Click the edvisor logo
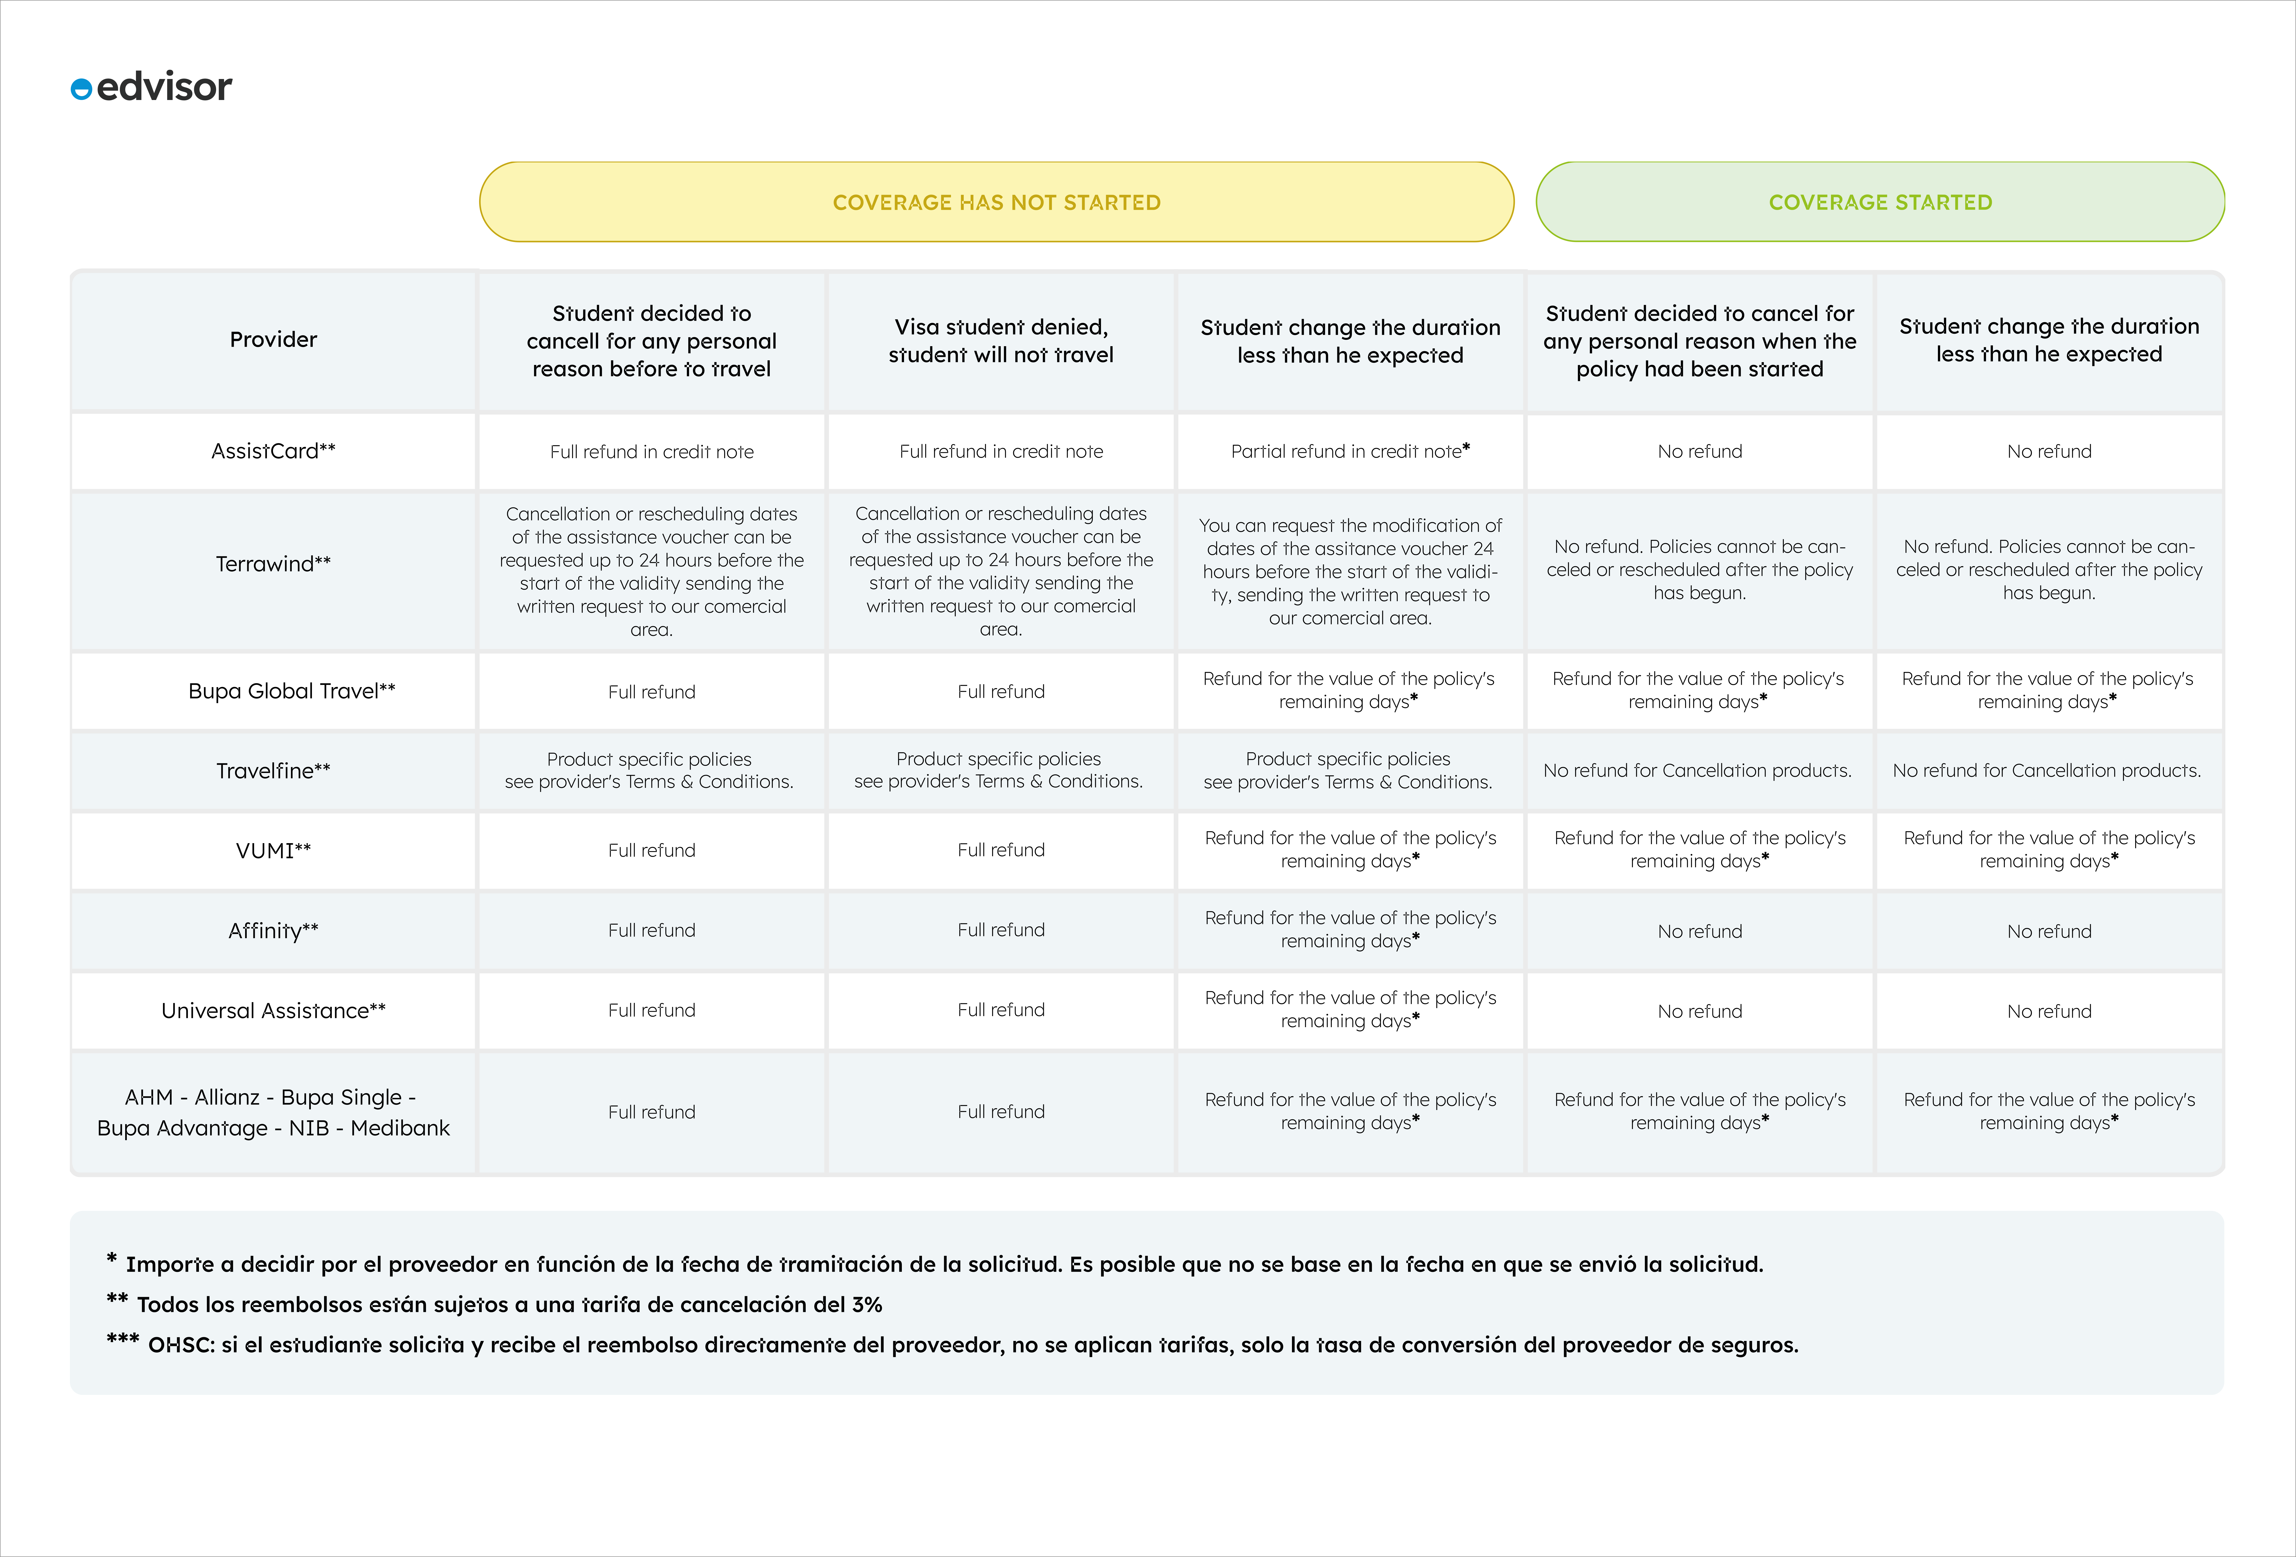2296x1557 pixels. [x=151, y=87]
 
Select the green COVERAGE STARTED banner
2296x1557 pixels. [x=1880, y=202]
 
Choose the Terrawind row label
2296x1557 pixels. [x=274, y=564]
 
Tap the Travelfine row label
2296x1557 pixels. [x=274, y=770]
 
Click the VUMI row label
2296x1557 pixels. [x=274, y=851]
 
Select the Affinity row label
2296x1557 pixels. [x=274, y=931]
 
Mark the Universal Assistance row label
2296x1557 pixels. [x=274, y=1011]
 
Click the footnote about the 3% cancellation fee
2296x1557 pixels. [x=494, y=1304]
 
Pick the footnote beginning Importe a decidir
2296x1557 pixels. [x=935, y=1264]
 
